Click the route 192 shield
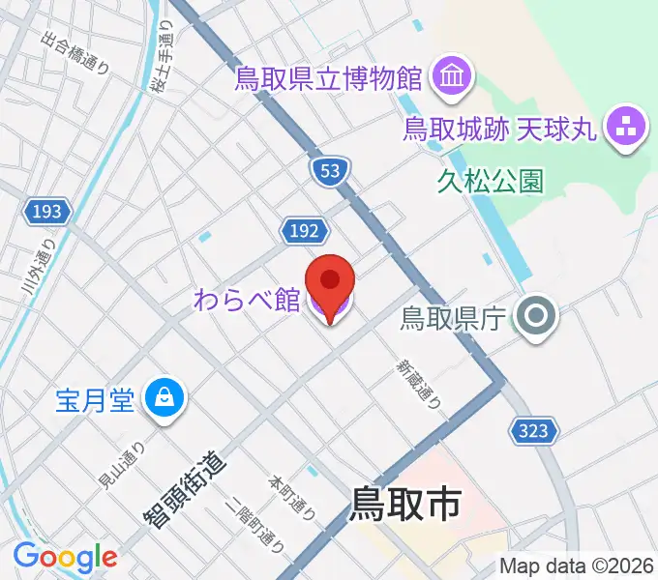[303, 229]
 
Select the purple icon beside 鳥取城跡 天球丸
[622, 127]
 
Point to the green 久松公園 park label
[490, 180]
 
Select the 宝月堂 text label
[94, 396]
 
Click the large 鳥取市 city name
[404, 504]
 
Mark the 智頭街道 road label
[186, 489]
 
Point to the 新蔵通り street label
[417, 383]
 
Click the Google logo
[65, 557]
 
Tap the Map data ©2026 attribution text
[576, 565]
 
